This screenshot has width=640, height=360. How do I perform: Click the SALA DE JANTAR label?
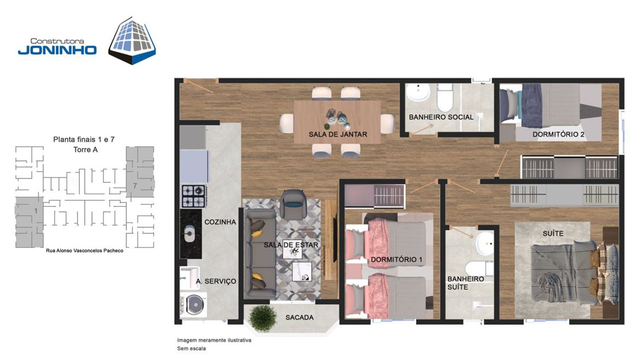click(338, 134)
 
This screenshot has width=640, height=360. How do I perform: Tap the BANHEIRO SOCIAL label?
click(441, 117)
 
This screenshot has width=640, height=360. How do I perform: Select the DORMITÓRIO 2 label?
click(558, 134)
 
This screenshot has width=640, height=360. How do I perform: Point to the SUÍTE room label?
click(553, 234)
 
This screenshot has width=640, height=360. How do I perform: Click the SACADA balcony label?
click(300, 317)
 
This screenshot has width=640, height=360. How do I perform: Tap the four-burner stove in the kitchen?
click(194, 196)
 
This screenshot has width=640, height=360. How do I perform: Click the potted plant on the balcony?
click(263, 317)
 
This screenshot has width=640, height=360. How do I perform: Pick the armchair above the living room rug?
click(293, 205)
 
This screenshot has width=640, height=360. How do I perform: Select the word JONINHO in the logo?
click(57, 50)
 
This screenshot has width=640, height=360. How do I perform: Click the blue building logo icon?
click(132, 40)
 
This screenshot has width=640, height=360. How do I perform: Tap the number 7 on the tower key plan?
click(135, 186)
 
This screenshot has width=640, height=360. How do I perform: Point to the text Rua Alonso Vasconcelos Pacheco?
click(84, 251)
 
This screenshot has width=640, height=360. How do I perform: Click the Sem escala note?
click(191, 349)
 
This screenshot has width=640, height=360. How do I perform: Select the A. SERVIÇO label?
click(216, 281)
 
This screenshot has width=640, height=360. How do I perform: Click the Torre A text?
click(85, 150)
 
